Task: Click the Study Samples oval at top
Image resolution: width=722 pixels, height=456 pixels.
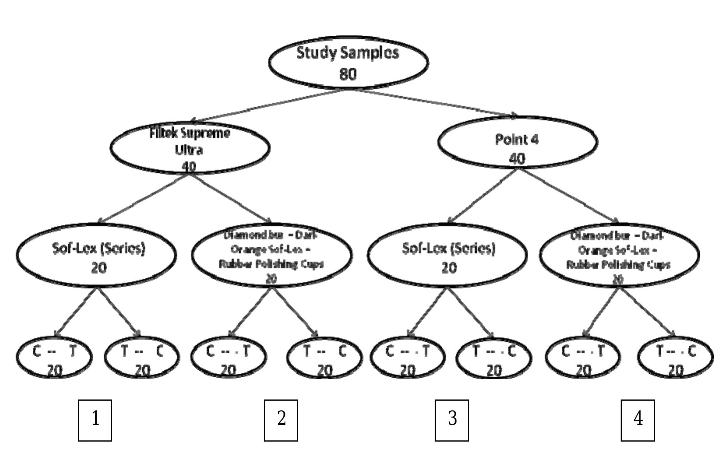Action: (x=348, y=62)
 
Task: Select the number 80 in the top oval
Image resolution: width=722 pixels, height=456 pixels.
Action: (x=348, y=74)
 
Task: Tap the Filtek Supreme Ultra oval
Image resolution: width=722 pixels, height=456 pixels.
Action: (x=190, y=148)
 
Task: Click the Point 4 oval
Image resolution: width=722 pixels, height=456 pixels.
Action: (x=517, y=142)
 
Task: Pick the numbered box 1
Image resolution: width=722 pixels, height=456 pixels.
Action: (x=95, y=420)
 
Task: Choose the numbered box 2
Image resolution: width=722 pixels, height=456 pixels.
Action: (x=281, y=420)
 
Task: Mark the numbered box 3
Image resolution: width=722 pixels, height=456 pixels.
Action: (x=452, y=420)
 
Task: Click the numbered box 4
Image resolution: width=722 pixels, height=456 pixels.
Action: (x=638, y=420)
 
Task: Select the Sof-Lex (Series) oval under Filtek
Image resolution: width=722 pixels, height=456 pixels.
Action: (x=96, y=255)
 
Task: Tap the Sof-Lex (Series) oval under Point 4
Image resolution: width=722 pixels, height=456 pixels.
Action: (x=447, y=255)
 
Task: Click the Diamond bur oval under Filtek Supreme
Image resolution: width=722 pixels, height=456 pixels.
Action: (x=272, y=255)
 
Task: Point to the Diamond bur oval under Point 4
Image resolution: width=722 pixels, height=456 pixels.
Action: (x=619, y=255)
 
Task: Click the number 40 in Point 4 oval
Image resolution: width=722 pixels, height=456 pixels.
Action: (x=517, y=158)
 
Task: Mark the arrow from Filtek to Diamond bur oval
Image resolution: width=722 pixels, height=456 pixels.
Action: (x=231, y=198)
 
